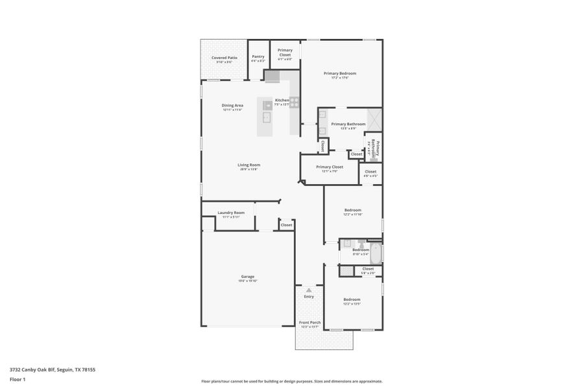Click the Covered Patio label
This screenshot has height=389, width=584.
point(224,58)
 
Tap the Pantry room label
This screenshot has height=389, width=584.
point(258,56)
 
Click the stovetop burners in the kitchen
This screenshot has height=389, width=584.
point(294,102)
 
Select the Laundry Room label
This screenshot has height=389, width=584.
point(230,213)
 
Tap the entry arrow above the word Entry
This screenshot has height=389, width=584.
point(309,290)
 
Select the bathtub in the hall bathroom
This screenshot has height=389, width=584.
point(376,252)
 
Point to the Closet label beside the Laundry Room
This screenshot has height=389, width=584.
point(286,225)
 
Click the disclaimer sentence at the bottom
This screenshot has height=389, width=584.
point(291,381)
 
